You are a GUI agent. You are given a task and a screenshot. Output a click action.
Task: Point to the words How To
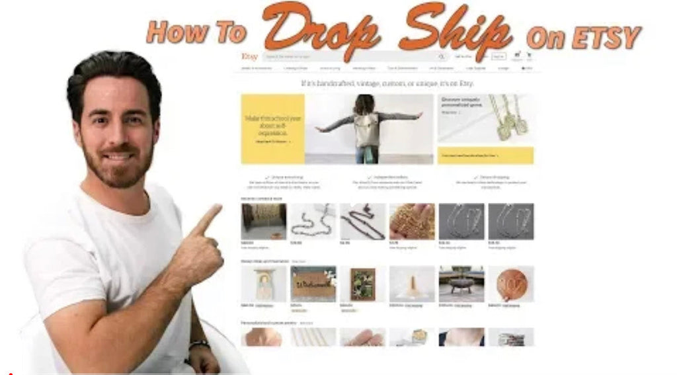pyautogui.click(x=196, y=32)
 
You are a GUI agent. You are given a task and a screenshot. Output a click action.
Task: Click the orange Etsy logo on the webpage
pyautogui.click(x=249, y=57)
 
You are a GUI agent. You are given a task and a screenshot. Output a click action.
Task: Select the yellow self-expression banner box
pyautogui.click(x=272, y=129)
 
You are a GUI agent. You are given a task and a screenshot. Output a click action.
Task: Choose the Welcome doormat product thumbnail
pyautogui.click(x=313, y=284)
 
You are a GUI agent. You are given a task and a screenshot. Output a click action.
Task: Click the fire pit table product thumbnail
pyautogui.click(x=461, y=284)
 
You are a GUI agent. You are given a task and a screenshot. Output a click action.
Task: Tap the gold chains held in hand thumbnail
pyautogui.click(x=412, y=221)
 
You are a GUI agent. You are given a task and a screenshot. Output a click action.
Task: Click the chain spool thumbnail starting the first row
pyautogui.click(x=264, y=221)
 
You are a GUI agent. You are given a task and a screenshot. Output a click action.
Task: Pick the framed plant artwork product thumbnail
pyautogui.click(x=362, y=284)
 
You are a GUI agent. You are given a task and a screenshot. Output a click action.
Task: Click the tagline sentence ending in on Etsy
pyautogui.click(x=387, y=83)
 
